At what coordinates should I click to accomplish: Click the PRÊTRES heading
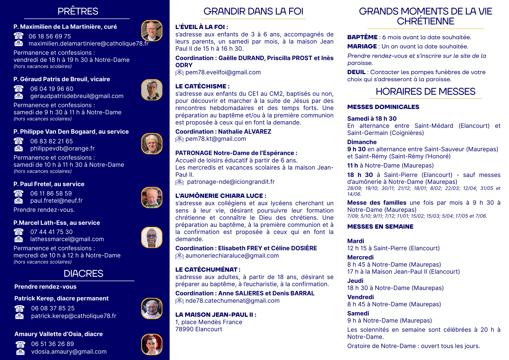click(x=78, y=11)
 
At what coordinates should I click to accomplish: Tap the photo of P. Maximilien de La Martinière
click(x=152, y=31)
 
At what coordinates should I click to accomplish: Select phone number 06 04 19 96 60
click(x=52, y=89)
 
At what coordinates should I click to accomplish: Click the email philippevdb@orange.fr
click(x=62, y=148)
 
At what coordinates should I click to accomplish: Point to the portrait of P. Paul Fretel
click(x=152, y=198)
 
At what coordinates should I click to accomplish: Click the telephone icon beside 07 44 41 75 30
click(x=19, y=232)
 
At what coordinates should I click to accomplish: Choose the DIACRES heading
click(x=83, y=274)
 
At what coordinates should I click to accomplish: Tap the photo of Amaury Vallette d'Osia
click(x=152, y=344)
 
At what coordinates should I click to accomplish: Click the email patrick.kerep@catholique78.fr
click(x=74, y=316)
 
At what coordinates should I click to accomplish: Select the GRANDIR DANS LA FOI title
click(x=253, y=11)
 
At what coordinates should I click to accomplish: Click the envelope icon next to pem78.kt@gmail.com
click(x=179, y=139)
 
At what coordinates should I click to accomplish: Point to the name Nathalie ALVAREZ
click(x=245, y=132)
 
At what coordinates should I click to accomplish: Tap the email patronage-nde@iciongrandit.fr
click(x=231, y=182)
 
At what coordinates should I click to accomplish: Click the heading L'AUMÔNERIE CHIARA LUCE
click(x=221, y=196)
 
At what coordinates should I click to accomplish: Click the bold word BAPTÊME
click(x=362, y=37)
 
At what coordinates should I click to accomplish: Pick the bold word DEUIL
click(x=356, y=72)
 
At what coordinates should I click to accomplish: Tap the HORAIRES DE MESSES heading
click(x=426, y=92)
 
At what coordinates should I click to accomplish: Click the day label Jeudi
click(x=355, y=281)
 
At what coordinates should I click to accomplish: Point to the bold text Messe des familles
click(x=377, y=203)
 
